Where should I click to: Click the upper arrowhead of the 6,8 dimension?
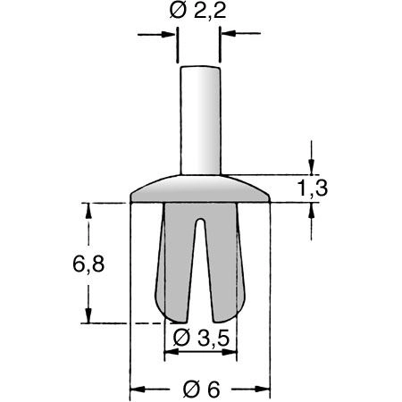click(x=88, y=210)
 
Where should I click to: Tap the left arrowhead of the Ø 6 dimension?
click(x=138, y=389)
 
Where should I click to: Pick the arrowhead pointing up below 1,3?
click(x=311, y=210)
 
